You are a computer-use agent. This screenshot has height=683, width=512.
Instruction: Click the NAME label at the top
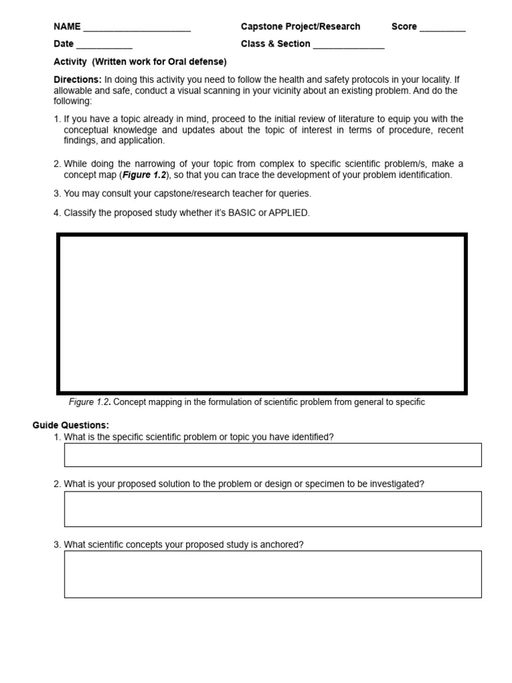point(67,27)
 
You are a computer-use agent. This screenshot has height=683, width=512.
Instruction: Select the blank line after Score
point(443,29)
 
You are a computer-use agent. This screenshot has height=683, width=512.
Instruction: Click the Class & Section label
point(275,44)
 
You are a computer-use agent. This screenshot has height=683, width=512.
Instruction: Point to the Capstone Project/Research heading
point(301,27)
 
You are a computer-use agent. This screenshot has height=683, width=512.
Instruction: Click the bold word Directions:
point(77,79)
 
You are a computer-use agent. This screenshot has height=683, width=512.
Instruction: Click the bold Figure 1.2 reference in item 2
point(144,175)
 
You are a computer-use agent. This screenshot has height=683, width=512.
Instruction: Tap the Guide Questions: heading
point(71,425)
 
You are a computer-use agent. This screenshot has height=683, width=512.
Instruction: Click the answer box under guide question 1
point(273,455)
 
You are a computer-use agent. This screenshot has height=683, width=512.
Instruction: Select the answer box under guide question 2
point(273,509)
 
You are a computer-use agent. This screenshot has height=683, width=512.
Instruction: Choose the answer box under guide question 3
point(273,574)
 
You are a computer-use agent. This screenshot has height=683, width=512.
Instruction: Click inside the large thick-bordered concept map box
point(261,313)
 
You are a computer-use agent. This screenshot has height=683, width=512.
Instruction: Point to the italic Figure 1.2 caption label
point(89,402)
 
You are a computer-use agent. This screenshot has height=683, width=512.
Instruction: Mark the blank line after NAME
point(137,29)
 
